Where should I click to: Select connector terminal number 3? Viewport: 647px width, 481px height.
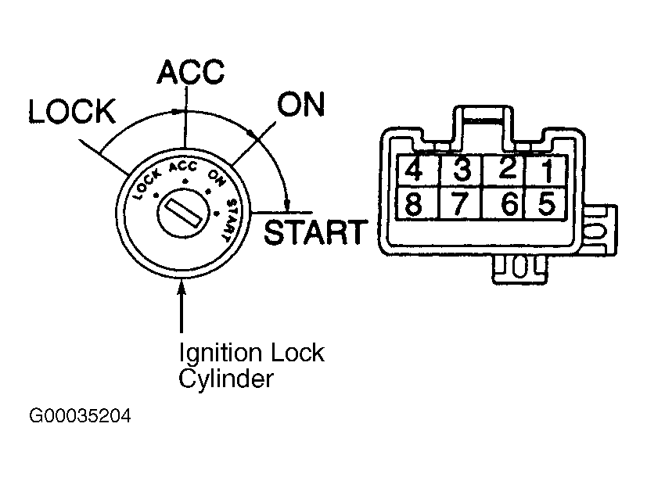(462, 170)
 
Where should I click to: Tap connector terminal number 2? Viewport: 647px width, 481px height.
(505, 170)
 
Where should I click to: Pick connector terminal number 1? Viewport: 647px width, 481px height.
(545, 170)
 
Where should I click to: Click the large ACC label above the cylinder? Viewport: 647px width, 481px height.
(191, 72)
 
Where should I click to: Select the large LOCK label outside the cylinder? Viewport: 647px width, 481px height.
(72, 111)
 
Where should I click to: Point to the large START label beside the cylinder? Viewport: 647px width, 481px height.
(315, 232)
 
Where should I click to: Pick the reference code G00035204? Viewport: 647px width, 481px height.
(80, 416)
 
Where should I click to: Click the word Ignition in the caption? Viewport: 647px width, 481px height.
(221, 354)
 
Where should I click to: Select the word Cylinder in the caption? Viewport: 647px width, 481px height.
(226, 379)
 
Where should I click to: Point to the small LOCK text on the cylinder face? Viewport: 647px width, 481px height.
(146, 185)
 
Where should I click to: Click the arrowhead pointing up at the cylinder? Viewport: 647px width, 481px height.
(182, 287)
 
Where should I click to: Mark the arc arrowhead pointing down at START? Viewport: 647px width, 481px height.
(287, 205)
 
